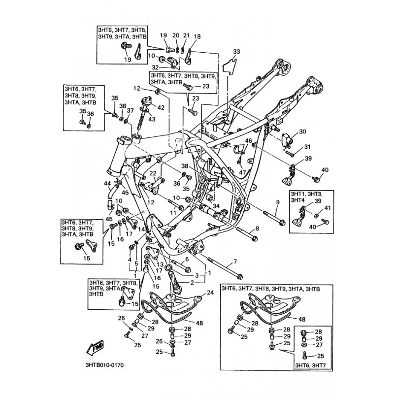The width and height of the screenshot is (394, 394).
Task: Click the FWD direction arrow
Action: pos(95,349)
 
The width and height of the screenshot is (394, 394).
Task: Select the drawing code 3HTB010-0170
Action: pos(105,365)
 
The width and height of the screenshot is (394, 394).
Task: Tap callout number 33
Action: pos(236,52)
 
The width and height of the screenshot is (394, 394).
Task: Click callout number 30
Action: pos(302,131)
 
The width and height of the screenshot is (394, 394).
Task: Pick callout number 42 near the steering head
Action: pos(161,107)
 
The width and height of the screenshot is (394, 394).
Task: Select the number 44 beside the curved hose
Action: pos(107,184)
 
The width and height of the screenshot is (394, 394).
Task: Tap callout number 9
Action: pos(277,202)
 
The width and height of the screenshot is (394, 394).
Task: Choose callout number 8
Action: pos(257,229)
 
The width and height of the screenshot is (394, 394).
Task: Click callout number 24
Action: pos(210,293)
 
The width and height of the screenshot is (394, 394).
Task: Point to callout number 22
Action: pos(153,173)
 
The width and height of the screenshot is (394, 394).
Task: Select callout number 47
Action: pos(242,172)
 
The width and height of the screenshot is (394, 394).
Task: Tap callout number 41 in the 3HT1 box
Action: pos(328,208)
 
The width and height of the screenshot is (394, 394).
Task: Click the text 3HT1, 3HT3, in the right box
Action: pos(306,194)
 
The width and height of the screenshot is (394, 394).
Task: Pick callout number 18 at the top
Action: pos(197,36)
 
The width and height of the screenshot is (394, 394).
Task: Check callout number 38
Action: pos(185,166)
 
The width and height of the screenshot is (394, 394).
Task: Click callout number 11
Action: pos(173,212)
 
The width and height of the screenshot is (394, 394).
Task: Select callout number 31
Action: pos(307,147)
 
